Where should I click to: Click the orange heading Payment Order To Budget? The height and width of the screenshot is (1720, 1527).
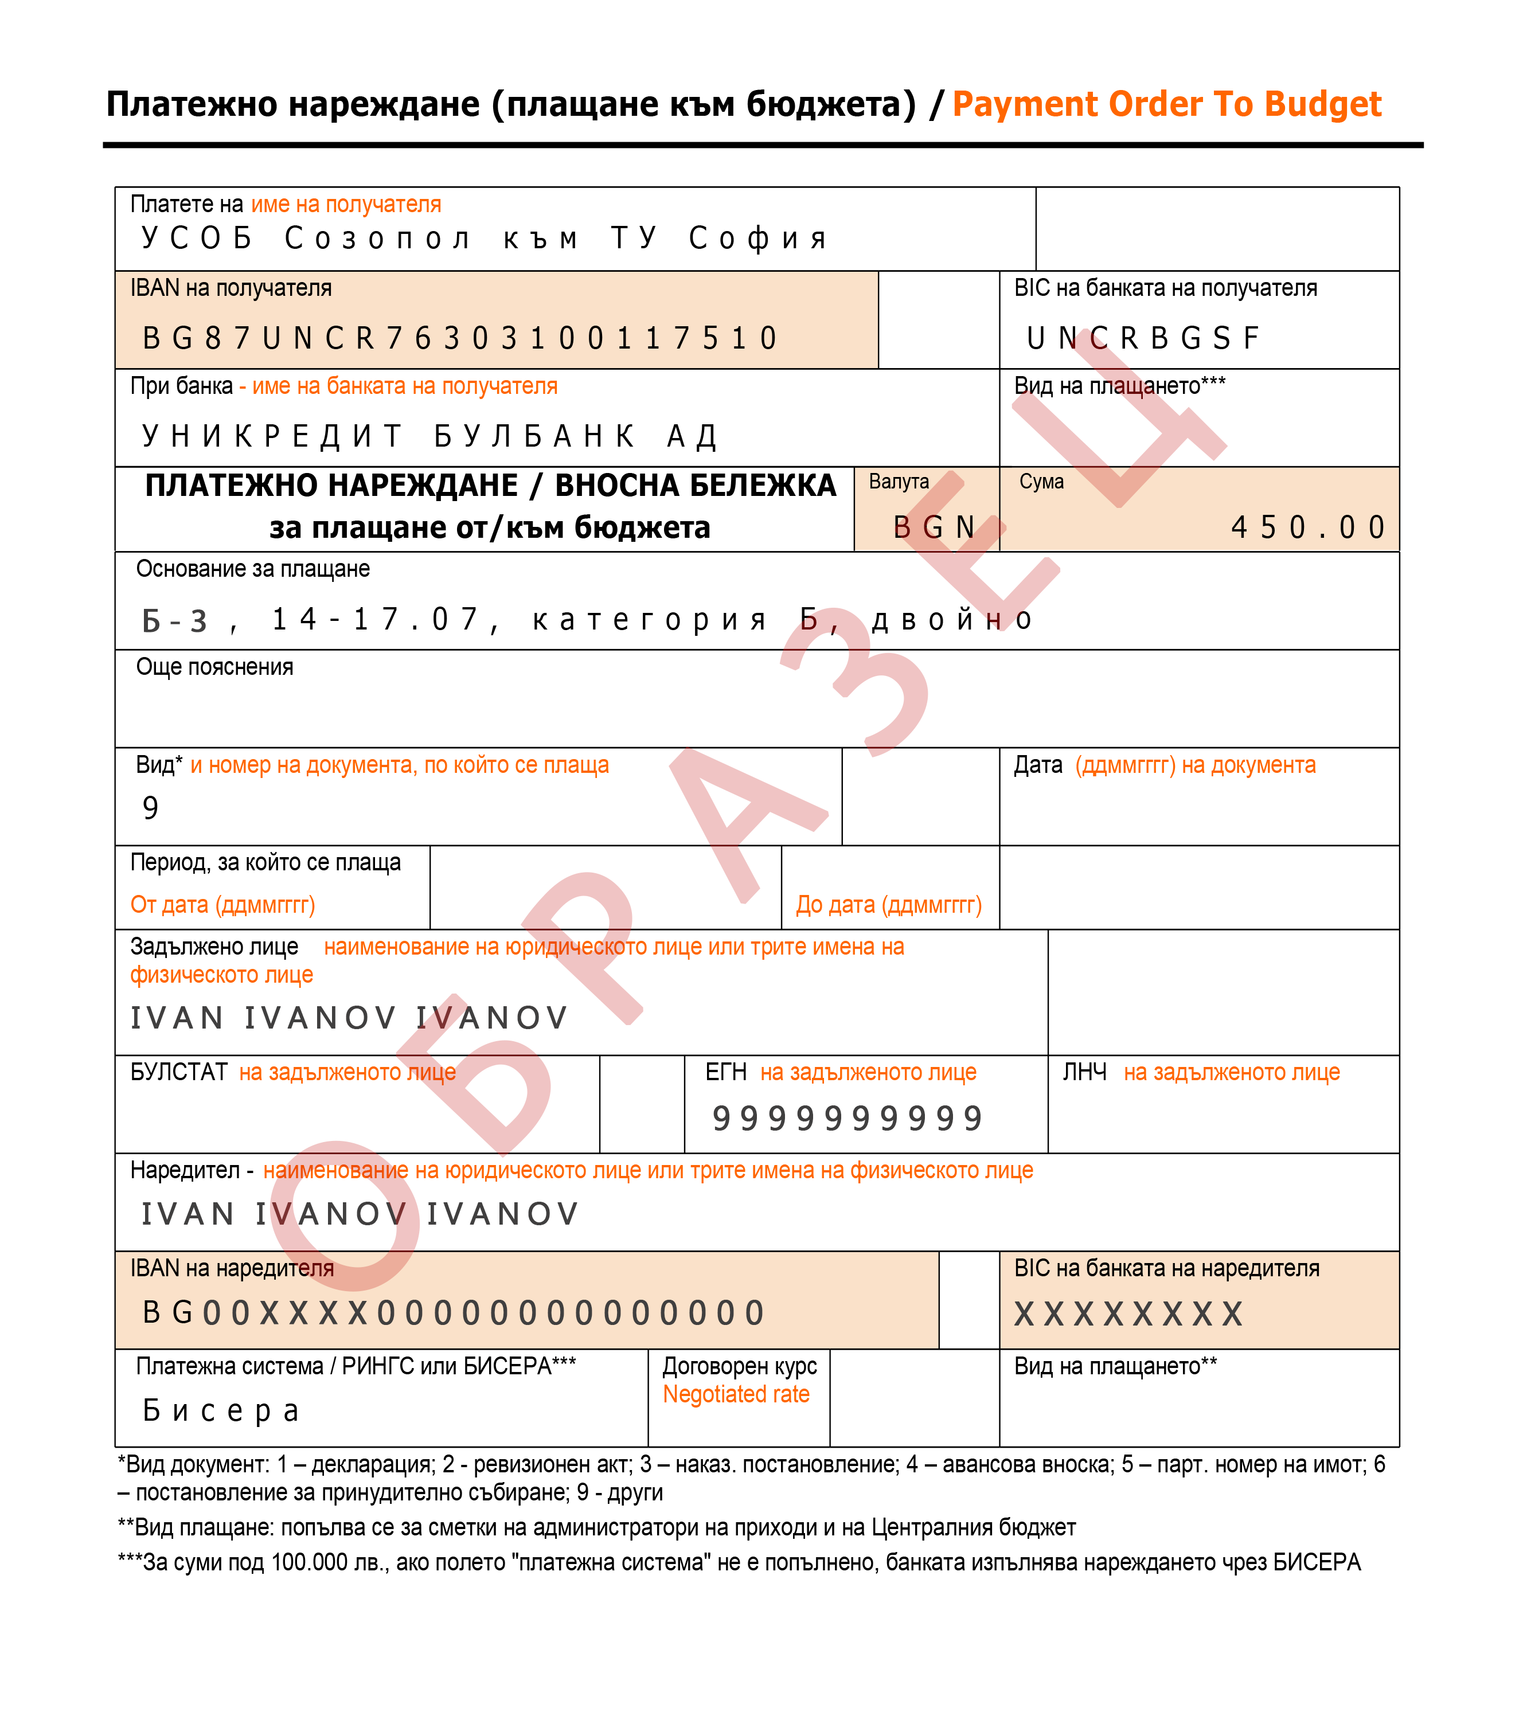pos(1167,104)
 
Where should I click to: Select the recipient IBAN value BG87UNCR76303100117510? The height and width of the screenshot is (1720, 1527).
pos(460,338)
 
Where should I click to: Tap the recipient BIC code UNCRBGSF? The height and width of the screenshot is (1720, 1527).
pos(1142,338)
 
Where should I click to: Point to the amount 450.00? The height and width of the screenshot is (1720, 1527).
pos(1307,527)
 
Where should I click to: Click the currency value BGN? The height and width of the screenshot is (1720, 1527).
pos(934,527)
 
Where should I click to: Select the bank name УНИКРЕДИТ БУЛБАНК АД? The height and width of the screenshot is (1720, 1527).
pos(430,436)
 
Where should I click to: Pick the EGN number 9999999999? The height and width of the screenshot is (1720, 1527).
pos(848,1119)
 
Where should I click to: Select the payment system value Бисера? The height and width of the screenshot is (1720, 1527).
pos(221,1410)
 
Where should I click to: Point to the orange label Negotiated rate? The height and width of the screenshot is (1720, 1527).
pos(736,1394)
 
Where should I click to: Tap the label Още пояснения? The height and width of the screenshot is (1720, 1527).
pos(214,667)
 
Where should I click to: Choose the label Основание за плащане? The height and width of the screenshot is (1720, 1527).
pos(252,570)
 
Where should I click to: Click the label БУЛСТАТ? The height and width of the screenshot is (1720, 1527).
pos(178,1072)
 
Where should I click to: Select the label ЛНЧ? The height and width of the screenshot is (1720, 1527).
pos(1084,1072)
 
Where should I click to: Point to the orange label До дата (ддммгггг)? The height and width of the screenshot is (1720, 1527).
pos(889,905)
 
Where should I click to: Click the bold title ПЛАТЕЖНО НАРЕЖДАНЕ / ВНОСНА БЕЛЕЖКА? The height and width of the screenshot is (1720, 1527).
pos(491,486)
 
